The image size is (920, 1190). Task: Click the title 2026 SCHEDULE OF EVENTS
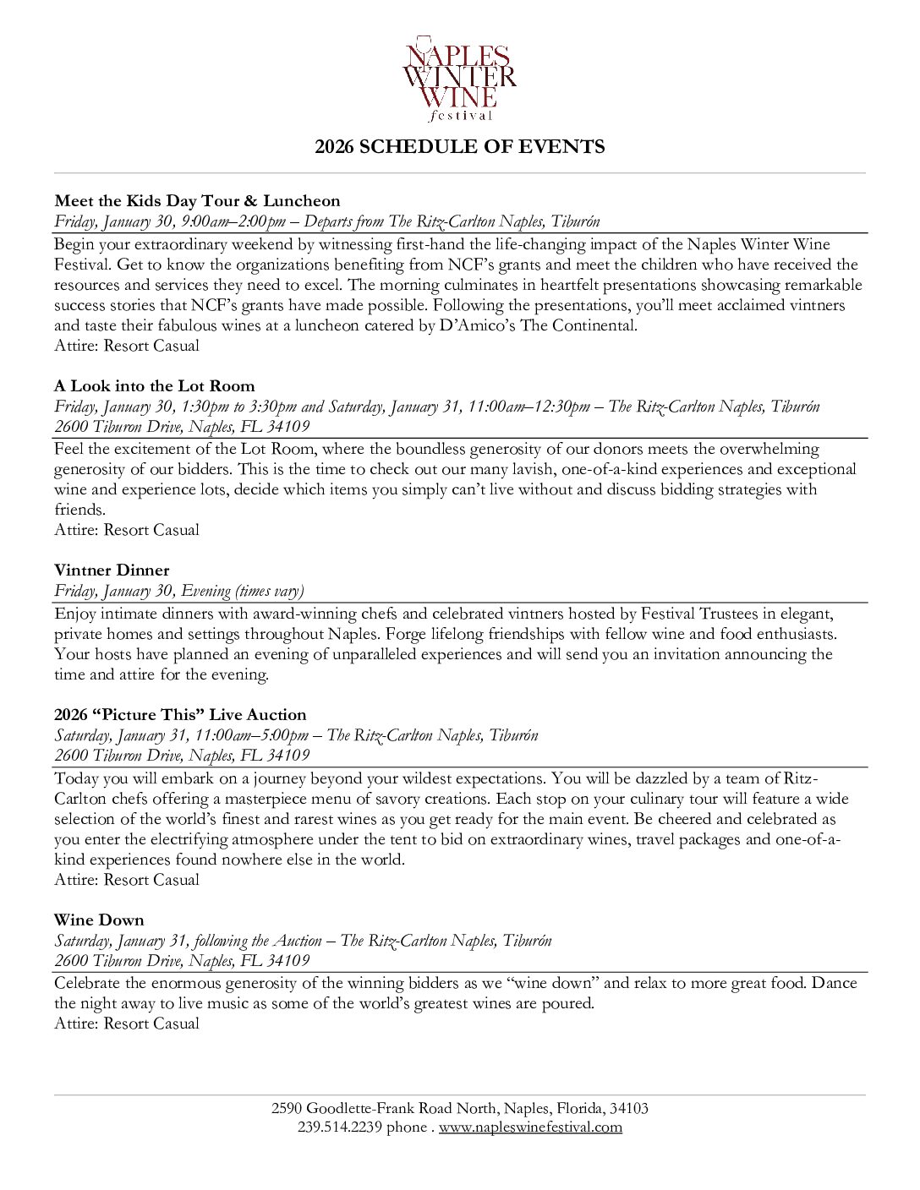(459, 147)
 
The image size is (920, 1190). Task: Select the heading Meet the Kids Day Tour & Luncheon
(197, 201)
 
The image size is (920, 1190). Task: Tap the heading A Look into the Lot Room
(154, 386)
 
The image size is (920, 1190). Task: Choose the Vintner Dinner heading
(112, 570)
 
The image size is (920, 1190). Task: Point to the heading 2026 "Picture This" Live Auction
(180, 715)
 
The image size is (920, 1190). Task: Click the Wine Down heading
(99, 920)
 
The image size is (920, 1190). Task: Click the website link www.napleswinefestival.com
(530, 1127)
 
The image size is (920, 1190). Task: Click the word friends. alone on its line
(80, 510)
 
